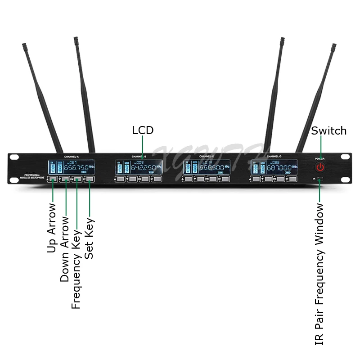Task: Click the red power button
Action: (320, 167)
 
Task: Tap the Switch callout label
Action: (329, 131)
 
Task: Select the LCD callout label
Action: (143, 130)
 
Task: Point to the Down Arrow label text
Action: (65, 249)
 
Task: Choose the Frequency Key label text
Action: (76, 263)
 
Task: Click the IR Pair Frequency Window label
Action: (319, 274)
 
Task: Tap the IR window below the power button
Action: (320, 180)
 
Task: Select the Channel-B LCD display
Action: (138, 168)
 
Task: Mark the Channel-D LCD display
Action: (274, 167)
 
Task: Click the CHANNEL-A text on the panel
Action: (72, 156)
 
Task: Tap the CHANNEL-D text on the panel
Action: (274, 156)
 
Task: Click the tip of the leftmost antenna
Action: (24, 45)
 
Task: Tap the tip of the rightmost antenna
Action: (334, 46)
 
